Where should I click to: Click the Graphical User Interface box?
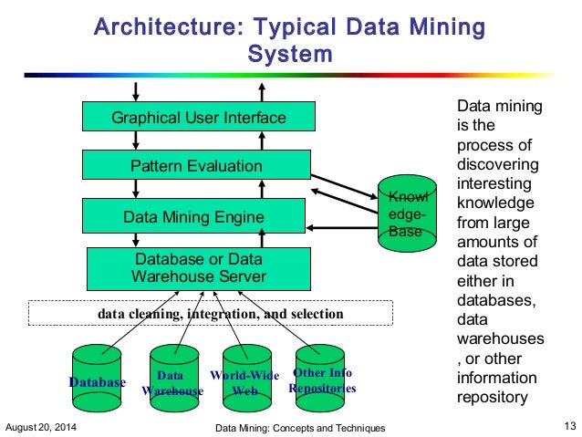[198, 118]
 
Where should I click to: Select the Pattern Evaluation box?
[198, 166]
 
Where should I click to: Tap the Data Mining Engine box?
[198, 217]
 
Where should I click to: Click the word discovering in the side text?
[499, 165]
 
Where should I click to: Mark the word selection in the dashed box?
[317, 314]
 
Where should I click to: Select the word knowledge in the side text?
[497, 203]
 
